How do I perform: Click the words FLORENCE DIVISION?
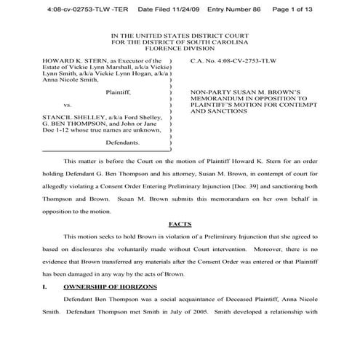pos(179,49)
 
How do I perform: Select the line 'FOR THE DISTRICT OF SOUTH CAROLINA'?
pos(179,41)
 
